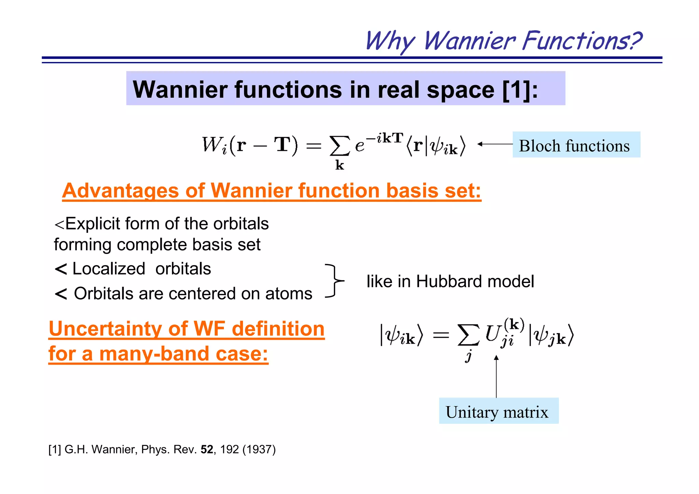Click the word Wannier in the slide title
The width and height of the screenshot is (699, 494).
470,41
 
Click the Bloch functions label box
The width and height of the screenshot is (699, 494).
576,145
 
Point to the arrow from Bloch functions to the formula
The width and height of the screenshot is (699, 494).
495,144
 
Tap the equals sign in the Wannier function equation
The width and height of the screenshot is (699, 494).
313,146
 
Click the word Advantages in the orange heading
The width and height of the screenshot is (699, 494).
120,190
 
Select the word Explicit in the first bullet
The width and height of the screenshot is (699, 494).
92,224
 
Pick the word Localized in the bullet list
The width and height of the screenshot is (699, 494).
109,269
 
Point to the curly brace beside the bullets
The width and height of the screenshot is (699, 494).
334,281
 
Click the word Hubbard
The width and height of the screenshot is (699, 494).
449,282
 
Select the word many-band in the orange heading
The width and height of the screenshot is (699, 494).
154,354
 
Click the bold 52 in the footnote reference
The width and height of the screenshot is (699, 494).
207,450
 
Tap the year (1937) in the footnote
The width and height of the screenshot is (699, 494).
259,450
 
